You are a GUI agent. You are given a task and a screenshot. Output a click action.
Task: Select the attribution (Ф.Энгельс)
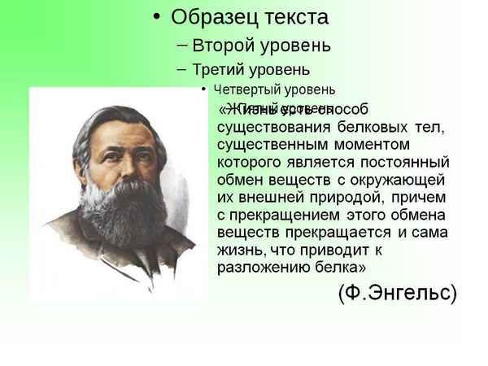point(397,294)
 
